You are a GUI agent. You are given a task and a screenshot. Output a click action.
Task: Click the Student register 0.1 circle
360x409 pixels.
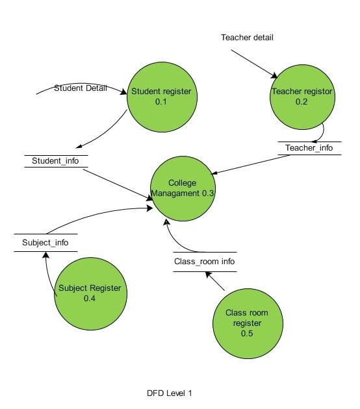point(161,97)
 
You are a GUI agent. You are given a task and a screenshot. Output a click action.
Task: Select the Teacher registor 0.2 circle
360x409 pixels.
point(301,97)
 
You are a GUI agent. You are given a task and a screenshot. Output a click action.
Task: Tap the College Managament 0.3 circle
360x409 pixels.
point(182,188)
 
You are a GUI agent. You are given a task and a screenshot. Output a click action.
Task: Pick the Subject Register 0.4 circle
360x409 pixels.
point(89,293)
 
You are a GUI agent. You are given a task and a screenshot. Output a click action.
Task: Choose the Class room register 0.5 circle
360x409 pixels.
point(246,323)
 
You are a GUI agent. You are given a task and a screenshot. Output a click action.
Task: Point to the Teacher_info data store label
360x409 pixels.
point(309,148)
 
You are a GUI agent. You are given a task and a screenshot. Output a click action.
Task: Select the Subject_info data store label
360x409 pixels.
point(45,243)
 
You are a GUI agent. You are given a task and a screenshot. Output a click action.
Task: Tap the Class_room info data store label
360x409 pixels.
point(204,262)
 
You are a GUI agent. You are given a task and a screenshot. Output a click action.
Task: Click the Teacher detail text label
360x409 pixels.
point(247,38)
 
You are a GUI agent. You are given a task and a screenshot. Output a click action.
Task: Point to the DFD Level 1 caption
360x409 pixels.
point(170,393)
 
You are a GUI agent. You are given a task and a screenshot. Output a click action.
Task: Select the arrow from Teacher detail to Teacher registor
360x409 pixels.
point(253,63)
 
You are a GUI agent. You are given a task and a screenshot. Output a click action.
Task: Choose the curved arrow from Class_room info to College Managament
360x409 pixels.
point(175,240)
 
